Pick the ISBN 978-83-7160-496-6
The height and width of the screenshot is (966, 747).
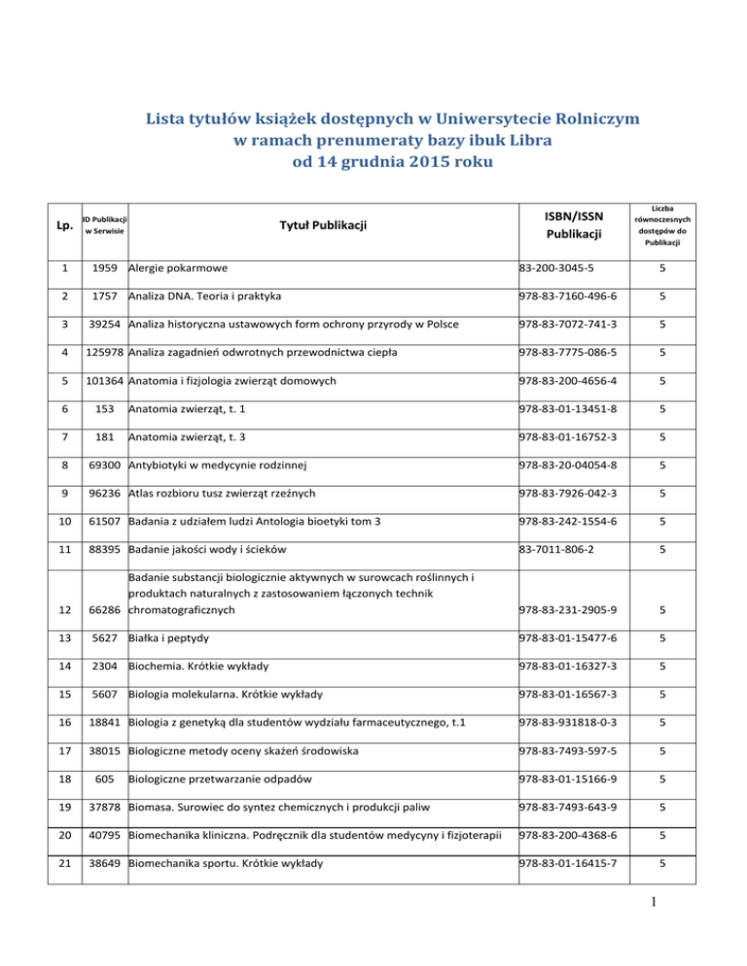[x=576, y=293]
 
